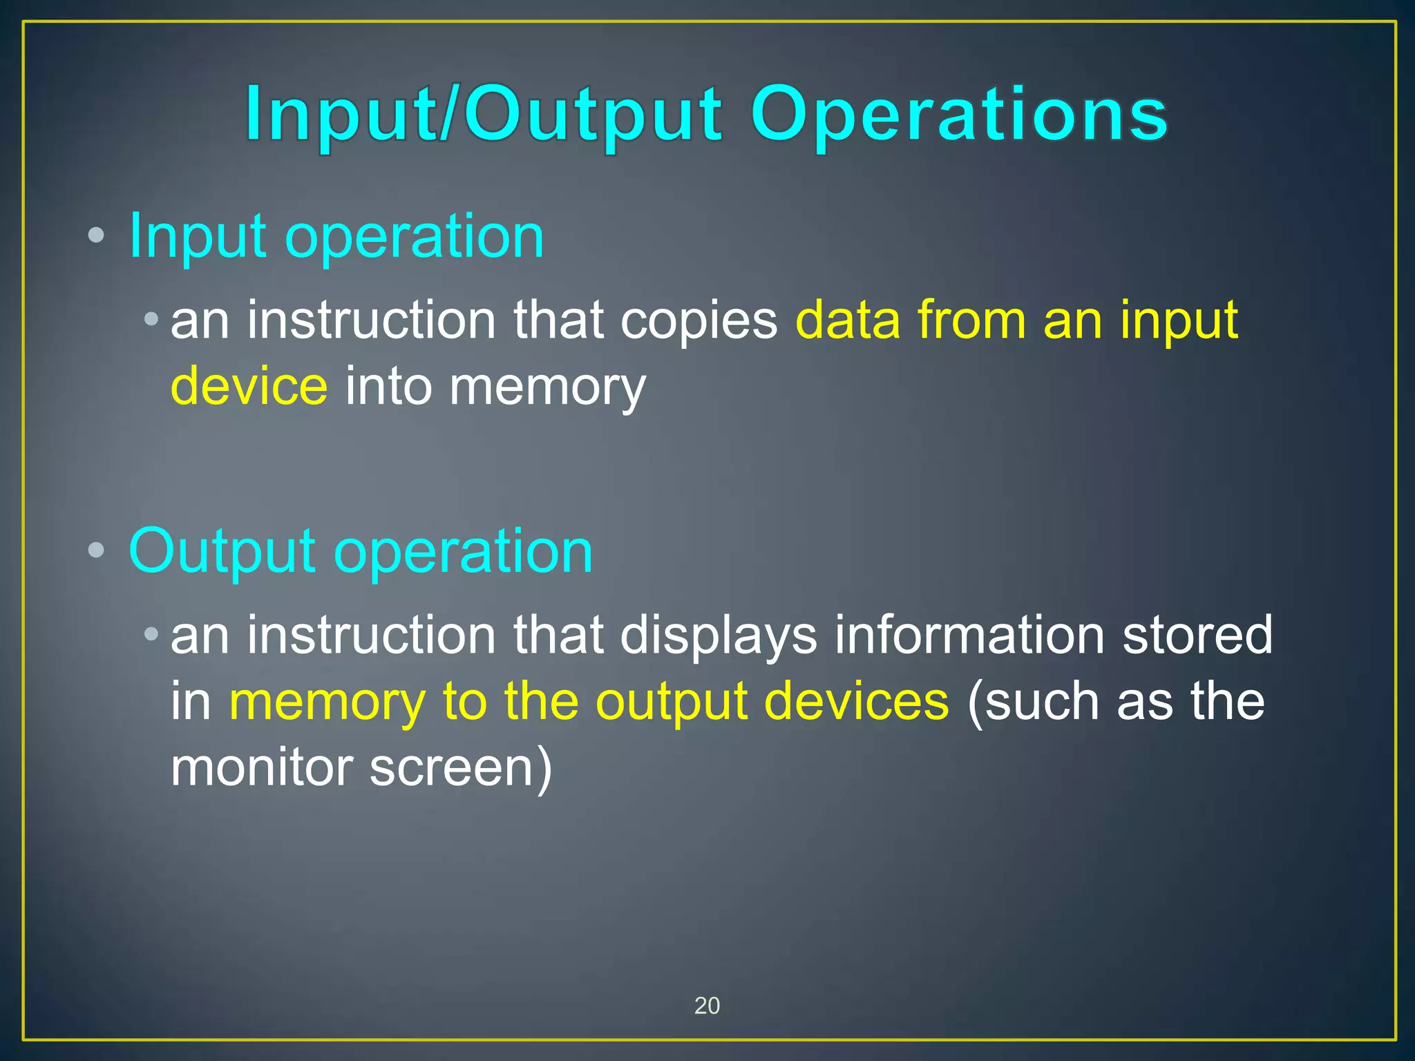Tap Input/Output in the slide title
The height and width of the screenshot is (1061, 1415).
(484, 114)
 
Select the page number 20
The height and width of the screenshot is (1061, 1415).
(707, 1006)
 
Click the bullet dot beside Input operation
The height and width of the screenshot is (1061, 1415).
(96, 236)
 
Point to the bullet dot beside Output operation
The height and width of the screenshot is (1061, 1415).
(96, 551)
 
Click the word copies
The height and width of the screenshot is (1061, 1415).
(699, 321)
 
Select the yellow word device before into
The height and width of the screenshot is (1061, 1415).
(249, 386)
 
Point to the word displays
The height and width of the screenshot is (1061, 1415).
(719, 636)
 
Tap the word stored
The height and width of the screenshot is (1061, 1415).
(1197, 635)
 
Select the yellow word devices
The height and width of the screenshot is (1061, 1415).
(857, 701)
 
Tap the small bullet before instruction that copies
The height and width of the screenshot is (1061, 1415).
(151, 319)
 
